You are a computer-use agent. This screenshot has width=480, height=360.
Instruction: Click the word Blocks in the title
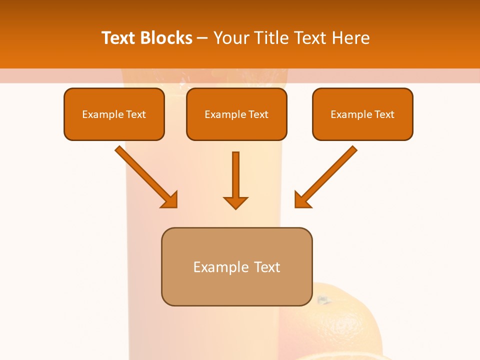click(167, 38)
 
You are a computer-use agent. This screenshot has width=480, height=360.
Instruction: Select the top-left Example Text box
click(114, 114)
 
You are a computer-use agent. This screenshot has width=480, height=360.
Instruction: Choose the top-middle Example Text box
click(236, 114)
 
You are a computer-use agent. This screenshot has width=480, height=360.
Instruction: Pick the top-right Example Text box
click(362, 114)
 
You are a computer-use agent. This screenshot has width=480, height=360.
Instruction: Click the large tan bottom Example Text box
click(236, 266)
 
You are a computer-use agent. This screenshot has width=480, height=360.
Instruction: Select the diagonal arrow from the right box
click(330, 173)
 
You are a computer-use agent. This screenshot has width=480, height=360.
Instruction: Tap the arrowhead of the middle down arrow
click(236, 202)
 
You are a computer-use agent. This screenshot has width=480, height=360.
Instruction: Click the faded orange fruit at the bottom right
click(345, 325)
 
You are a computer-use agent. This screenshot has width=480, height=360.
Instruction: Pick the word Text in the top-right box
click(384, 114)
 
